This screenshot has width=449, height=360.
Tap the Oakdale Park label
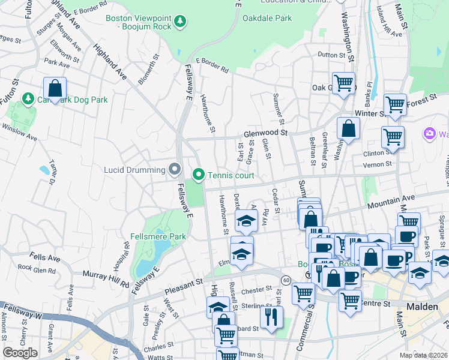pyautogui.click(x=267, y=18)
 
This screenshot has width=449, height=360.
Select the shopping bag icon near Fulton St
pyautogui.click(x=55, y=89)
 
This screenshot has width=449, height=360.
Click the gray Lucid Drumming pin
pyautogui.click(x=175, y=170)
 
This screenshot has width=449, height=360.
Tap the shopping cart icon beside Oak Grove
pyautogui.click(x=343, y=83)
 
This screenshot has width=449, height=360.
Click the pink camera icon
pyautogui.click(x=429, y=133)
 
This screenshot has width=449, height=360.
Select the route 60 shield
pyautogui.click(x=286, y=280)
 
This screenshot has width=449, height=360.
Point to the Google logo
pyautogui.click(x=20, y=353)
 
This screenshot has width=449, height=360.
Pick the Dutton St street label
pyautogui.click(x=331, y=55)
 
